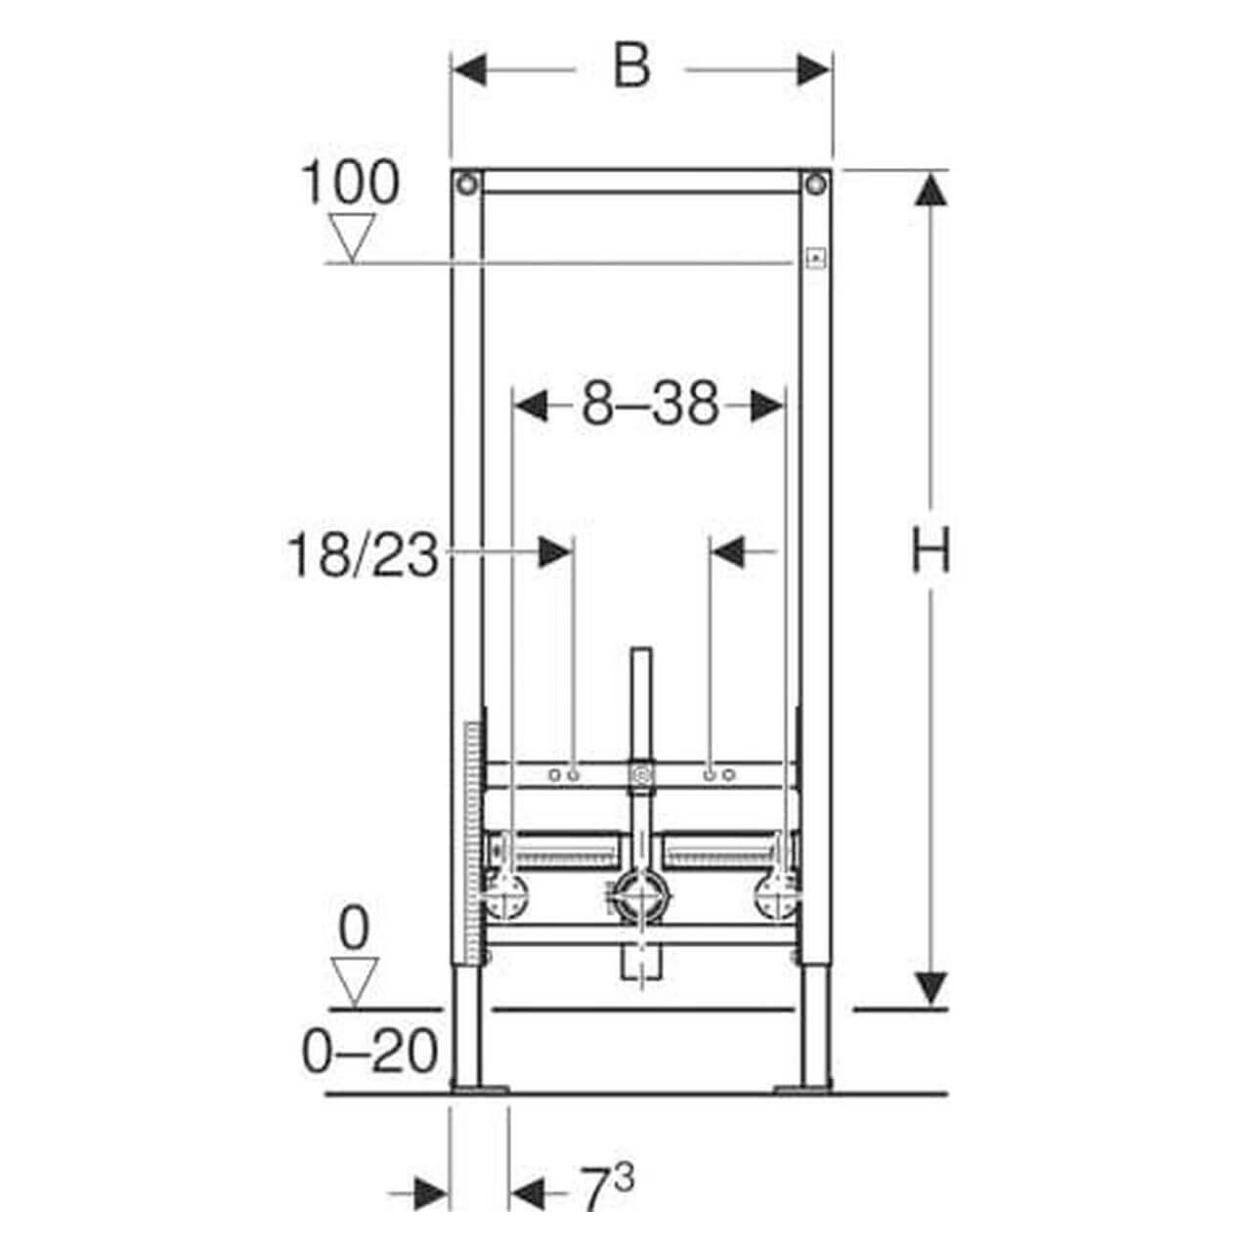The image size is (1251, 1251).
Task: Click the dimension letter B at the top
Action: [631, 67]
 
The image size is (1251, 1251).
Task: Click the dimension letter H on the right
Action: [929, 549]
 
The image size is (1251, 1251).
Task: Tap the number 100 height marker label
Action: [349, 183]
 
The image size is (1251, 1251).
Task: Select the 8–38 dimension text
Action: [650, 404]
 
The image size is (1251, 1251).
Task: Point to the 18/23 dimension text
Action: [363, 556]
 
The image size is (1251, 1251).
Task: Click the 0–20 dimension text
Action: [369, 1053]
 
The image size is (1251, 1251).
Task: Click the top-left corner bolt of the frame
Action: [467, 182]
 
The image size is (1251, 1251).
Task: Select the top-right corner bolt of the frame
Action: [815, 182]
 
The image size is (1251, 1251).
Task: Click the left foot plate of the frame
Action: [479, 1087]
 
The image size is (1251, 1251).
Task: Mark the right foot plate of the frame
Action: [802, 1087]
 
